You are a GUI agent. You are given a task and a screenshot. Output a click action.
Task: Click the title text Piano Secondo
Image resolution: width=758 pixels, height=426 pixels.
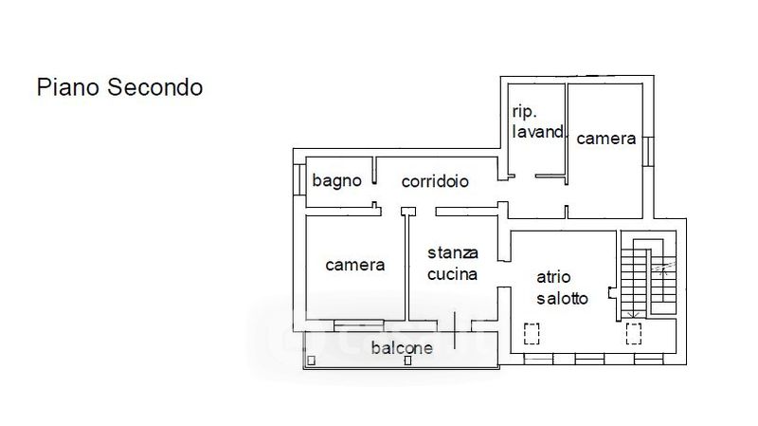pyautogui.click(x=119, y=87)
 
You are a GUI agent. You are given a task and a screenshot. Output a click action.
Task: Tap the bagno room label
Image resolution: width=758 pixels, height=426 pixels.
pyautogui.click(x=336, y=180)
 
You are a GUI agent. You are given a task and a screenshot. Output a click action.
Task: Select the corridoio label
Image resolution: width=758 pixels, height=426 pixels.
pyautogui.click(x=435, y=180)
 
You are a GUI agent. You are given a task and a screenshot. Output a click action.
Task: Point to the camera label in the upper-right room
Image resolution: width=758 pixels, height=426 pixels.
pyautogui.click(x=606, y=139)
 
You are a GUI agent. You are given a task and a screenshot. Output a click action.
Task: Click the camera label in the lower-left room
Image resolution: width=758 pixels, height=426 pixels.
pyautogui.click(x=355, y=265)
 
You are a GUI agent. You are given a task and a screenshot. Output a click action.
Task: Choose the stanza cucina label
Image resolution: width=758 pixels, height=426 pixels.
pyautogui.click(x=453, y=264)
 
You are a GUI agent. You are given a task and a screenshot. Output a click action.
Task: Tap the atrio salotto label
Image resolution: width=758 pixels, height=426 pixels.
pyautogui.click(x=562, y=288)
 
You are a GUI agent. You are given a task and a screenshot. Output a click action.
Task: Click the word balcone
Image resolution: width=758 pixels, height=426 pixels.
pyautogui.click(x=402, y=348)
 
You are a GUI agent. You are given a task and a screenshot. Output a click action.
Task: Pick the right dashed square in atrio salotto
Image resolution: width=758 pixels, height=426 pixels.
pyautogui.click(x=634, y=333)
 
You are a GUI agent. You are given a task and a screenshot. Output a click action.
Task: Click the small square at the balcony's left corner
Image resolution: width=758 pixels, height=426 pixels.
pyautogui.click(x=311, y=361)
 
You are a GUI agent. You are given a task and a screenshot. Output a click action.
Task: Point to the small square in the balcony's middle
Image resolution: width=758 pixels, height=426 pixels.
pyautogui.click(x=408, y=360)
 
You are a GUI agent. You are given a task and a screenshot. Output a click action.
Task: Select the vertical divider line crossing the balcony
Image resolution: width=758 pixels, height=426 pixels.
pyautogui.click(x=454, y=330)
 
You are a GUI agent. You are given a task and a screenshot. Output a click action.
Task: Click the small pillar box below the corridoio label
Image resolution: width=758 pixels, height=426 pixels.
pyautogui.click(x=408, y=211)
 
